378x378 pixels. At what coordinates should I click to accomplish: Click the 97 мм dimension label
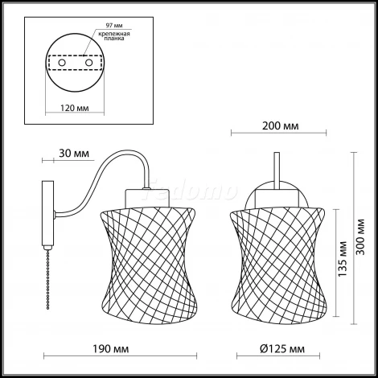coord(114,26)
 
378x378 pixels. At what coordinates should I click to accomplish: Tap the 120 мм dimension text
coord(75,108)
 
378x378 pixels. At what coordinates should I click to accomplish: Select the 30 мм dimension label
coord(74,154)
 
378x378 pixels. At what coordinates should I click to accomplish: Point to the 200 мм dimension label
coord(280,125)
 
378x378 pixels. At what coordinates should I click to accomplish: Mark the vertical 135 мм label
coord(343,259)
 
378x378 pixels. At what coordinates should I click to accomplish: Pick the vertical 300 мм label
coord(361,237)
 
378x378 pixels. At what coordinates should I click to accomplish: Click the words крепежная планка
coord(114,36)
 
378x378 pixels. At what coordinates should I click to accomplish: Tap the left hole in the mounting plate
coord(62,63)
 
